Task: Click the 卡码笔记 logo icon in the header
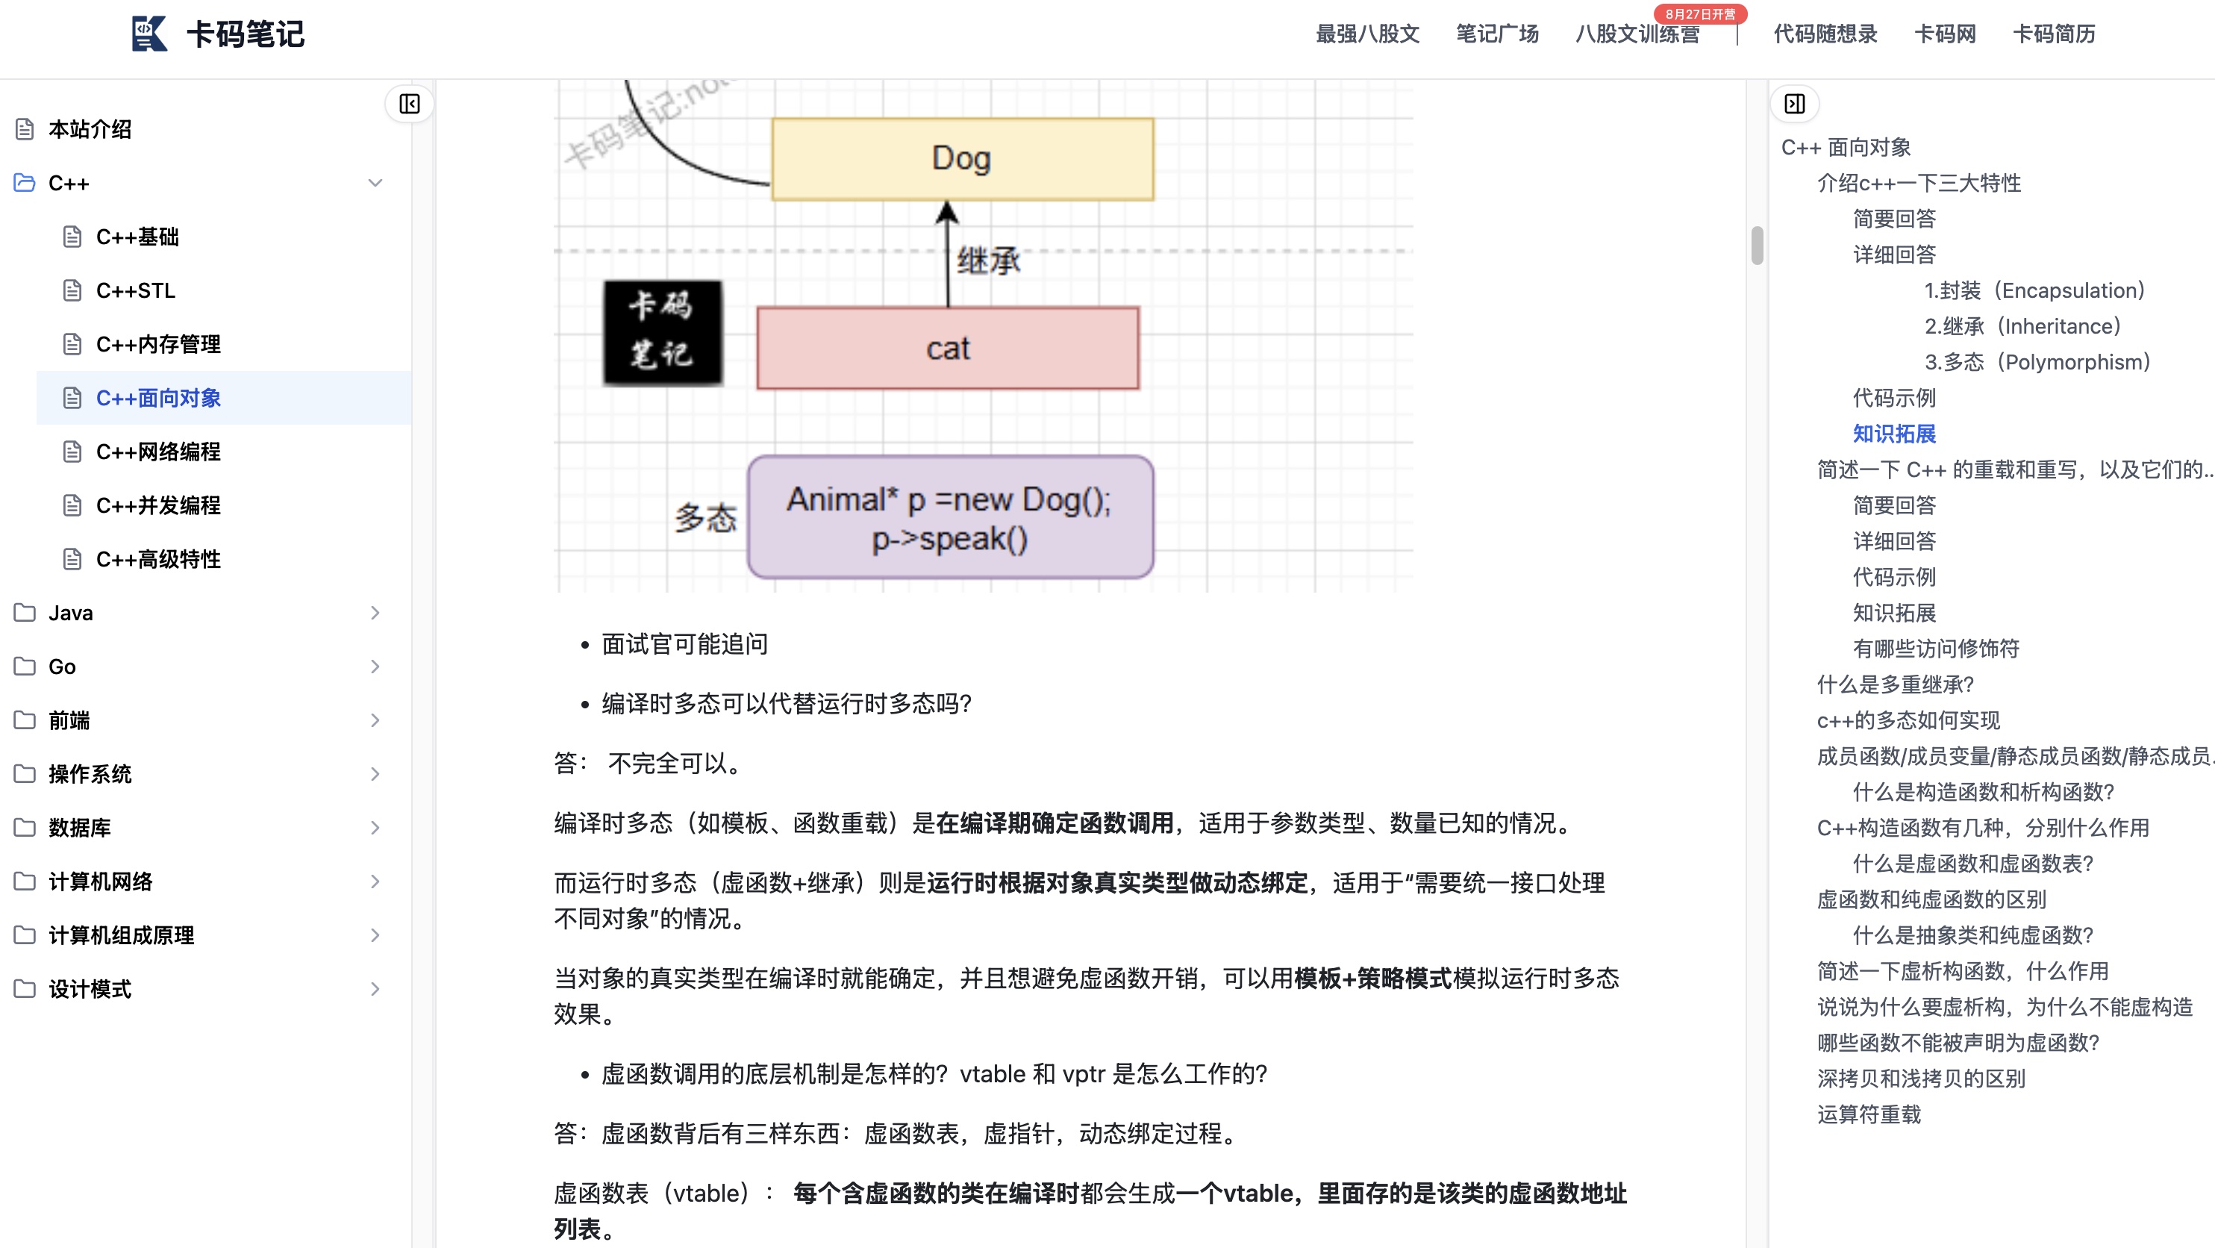point(149,34)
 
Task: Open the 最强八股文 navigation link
point(1367,34)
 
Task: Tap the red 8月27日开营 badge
point(1699,13)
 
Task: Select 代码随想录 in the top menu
point(1825,34)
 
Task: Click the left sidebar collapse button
point(409,104)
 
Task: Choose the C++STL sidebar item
point(135,290)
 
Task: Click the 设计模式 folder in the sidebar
point(90,989)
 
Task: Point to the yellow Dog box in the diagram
point(962,159)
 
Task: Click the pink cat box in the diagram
point(948,349)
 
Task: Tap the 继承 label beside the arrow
point(988,260)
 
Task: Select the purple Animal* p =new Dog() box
point(949,518)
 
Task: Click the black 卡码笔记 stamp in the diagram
point(662,332)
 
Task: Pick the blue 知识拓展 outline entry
point(1893,434)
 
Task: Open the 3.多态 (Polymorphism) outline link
point(2036,362)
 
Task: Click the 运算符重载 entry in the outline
point(1869,1114)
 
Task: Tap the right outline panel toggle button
point(1795,104)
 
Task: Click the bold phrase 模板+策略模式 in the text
point(1372,979)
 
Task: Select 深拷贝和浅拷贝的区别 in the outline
point(1921,1079)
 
